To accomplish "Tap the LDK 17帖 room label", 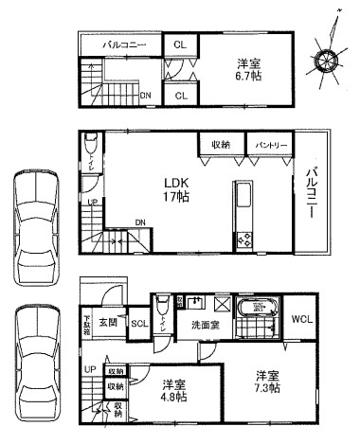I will (176, 188).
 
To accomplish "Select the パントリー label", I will (269, 145).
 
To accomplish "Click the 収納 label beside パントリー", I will (221, 145).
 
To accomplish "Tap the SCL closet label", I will (138, 323).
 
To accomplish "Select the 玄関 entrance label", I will (107, 323).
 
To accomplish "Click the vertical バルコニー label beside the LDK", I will (310, 194).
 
